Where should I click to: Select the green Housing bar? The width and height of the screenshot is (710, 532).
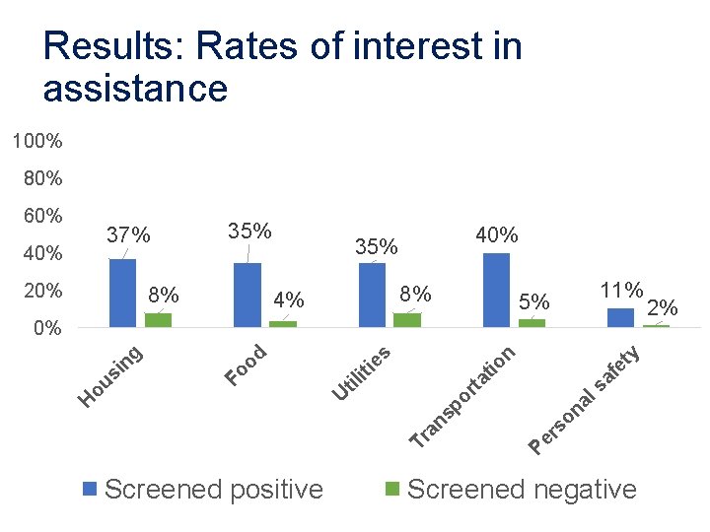point(158,319)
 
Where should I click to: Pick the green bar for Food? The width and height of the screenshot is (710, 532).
point(283,323)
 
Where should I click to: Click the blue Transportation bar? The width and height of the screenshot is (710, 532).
point(497,290)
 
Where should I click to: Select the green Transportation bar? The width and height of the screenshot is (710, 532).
point(532,322)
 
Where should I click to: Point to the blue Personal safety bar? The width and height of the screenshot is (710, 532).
point(620,317)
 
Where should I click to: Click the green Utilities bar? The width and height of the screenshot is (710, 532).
point(407,319)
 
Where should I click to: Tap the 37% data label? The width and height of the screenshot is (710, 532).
point(128,235)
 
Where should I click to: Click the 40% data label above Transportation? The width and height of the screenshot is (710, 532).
point(497,234)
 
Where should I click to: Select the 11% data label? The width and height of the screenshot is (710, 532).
point(621,291)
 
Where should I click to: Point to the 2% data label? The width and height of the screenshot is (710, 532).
point(662,307)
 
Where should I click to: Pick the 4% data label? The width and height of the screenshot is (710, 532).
point(289,299)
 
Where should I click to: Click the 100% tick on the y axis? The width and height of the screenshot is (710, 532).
point(37,142)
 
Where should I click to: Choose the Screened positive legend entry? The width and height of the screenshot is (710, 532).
point(202,489)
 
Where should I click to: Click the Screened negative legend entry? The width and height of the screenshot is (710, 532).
point(510,489)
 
